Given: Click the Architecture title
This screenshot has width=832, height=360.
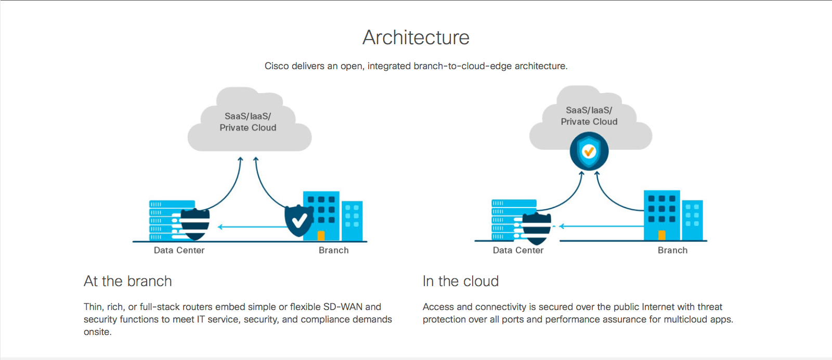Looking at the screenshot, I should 416,37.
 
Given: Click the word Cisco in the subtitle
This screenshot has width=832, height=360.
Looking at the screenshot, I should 277,66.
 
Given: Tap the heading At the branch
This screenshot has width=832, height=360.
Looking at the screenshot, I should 128,281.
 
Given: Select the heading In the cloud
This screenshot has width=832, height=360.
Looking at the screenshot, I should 461,281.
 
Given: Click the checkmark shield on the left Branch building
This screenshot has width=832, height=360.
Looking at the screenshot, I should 298,221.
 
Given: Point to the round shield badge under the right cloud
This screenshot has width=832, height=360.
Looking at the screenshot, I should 589,151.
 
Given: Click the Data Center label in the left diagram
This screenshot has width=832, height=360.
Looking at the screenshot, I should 179,250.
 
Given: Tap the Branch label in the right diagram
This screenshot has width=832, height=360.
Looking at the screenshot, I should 672,250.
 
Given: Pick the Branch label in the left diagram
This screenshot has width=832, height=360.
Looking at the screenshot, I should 333,250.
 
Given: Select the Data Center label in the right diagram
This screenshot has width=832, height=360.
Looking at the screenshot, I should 518,250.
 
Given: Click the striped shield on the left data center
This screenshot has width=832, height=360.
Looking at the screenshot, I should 195,224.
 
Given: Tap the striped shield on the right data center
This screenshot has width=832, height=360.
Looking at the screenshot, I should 537,227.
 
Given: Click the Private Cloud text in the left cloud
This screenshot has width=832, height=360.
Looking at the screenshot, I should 248,128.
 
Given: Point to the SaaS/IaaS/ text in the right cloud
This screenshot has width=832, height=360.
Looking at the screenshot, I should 589,110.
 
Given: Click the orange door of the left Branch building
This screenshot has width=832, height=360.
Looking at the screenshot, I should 321,236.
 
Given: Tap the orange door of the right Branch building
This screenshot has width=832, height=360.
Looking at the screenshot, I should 662,235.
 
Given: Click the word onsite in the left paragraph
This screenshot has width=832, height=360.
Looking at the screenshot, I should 97,332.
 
